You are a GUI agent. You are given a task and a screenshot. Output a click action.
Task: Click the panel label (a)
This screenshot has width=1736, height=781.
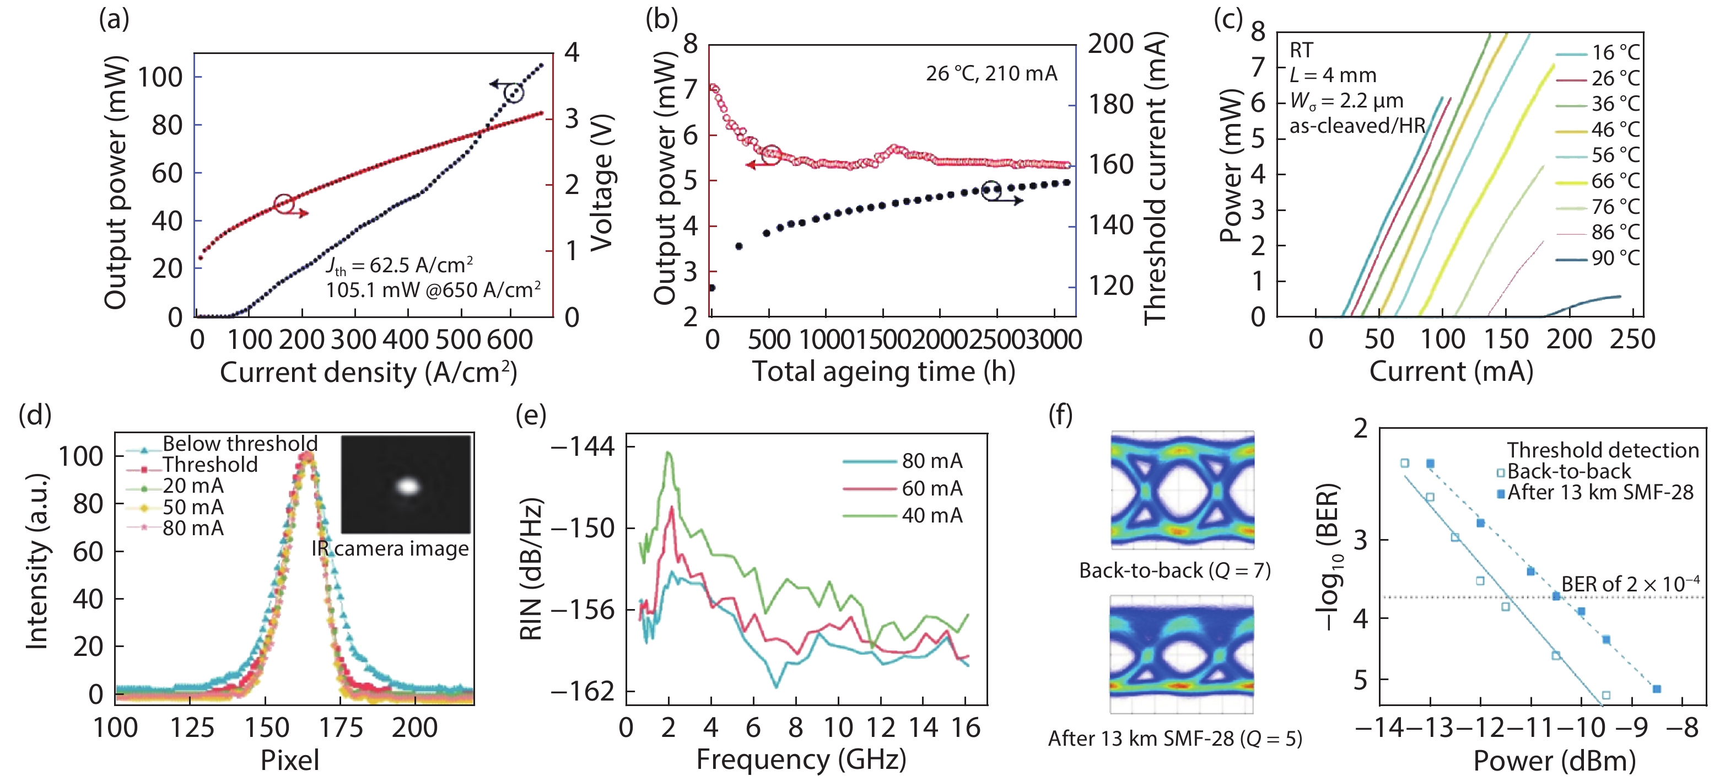114,19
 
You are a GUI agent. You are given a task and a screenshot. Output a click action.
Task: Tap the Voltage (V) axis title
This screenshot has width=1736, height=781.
601,184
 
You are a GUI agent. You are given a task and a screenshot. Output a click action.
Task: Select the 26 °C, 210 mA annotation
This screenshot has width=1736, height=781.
991,73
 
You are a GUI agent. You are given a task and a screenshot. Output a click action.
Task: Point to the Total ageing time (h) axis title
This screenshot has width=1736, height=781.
883,371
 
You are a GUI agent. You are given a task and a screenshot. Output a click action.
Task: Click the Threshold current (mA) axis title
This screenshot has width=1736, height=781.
1155,179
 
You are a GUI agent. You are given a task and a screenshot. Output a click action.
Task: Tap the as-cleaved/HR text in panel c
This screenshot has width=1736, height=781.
1357,126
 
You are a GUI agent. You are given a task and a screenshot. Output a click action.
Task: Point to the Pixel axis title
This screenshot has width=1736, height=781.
290,760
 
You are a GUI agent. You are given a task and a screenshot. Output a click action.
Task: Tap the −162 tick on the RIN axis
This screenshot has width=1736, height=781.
583,692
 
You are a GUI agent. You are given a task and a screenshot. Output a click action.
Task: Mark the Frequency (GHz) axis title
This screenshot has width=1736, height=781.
801,760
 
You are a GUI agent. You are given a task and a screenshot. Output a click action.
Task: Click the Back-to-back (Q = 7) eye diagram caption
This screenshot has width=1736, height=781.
1174,571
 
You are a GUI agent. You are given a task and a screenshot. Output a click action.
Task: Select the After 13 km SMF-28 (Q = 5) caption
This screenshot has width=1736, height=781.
1174,739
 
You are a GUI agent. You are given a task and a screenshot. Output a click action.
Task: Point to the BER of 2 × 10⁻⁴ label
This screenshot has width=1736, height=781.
1630,584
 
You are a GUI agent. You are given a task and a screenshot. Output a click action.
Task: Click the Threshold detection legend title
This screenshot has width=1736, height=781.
1603,450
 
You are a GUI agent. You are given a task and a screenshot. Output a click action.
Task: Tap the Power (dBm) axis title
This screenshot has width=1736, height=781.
1554,761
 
